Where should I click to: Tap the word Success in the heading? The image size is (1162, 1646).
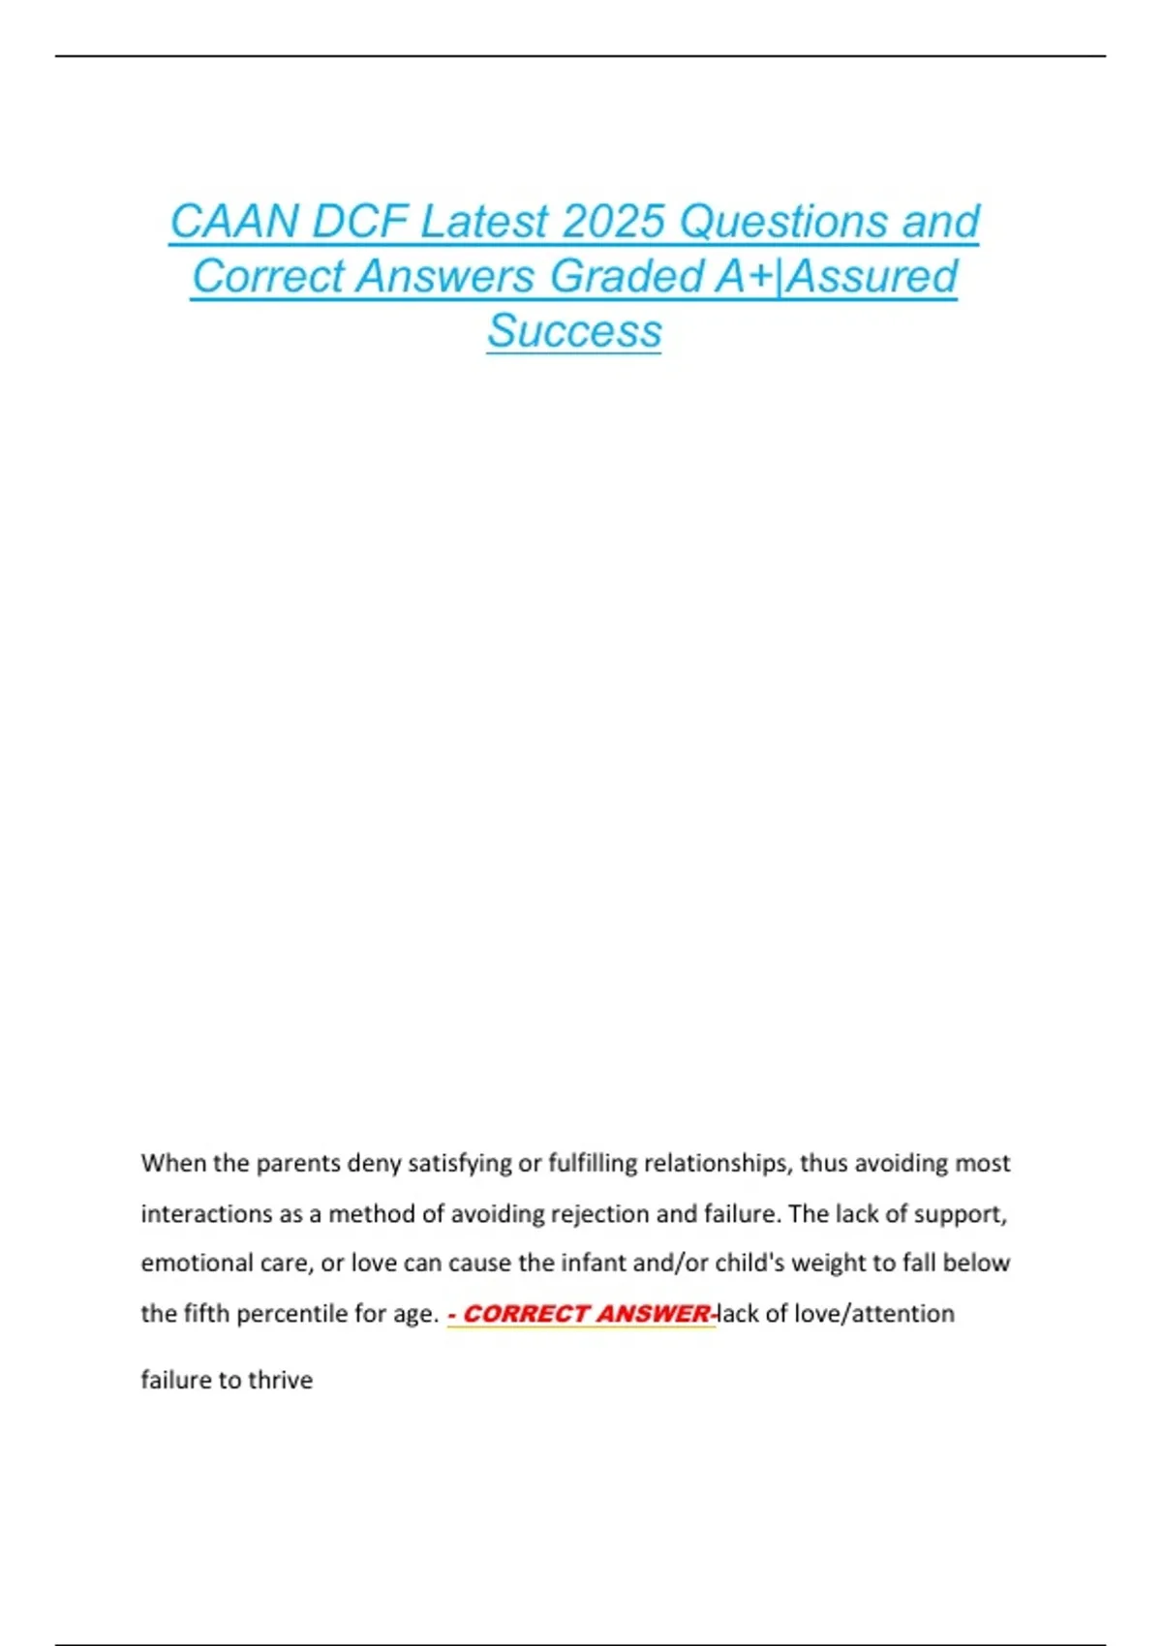coord(574,331)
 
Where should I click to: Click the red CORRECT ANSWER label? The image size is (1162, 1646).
coord(586,1314)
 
